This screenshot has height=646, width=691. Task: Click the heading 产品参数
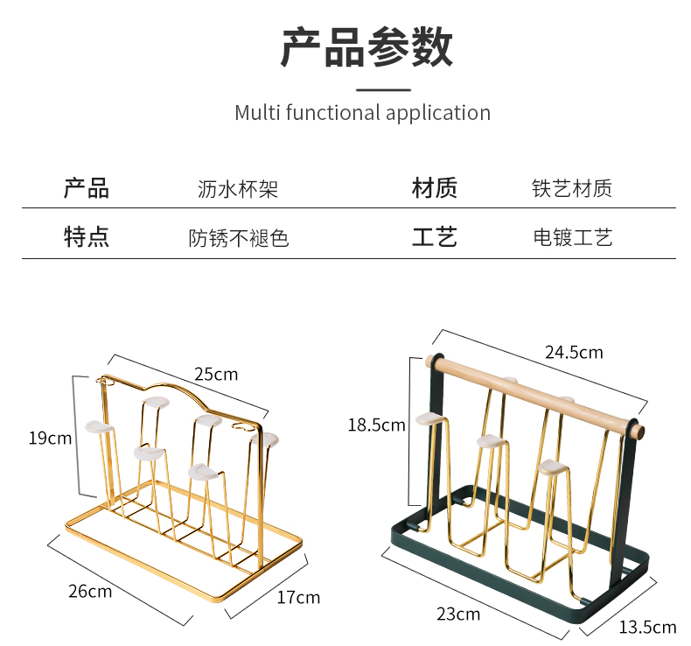pyautogui.click(x=366, y=47)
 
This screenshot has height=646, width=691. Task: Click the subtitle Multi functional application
pyautogui.click(x=362, y=113)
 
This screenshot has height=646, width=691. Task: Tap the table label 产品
pyautogui.click(x=87, y=188)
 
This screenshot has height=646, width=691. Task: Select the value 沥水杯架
pyautogui.click(x=237, y=189)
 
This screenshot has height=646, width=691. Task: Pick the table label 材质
pyautogui.click(x=435, y=188)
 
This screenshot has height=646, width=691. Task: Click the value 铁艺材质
pyautogui.click(x=572, y=189)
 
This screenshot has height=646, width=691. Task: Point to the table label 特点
pyautogui.click(x=87, y=237)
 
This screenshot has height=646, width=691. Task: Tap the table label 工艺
pyautogui.click(x=435, y=237)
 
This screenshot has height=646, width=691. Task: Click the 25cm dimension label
pyautogui.click(x=215, y=374)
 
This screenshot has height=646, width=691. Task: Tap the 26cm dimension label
pyautogui.click(x=90, y=591)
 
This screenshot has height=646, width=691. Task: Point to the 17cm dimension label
pyautogui.click(x=298, y=598)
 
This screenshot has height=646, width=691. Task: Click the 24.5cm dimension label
pyautogui.click(x=574, y=353)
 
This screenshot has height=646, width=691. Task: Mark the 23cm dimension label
pyautogui.click(x=458, y=614)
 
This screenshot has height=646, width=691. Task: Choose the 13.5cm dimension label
pyautogui.click(x=647, y=627)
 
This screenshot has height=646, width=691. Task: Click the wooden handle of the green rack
pyautogui.click(x=534, y=393)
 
